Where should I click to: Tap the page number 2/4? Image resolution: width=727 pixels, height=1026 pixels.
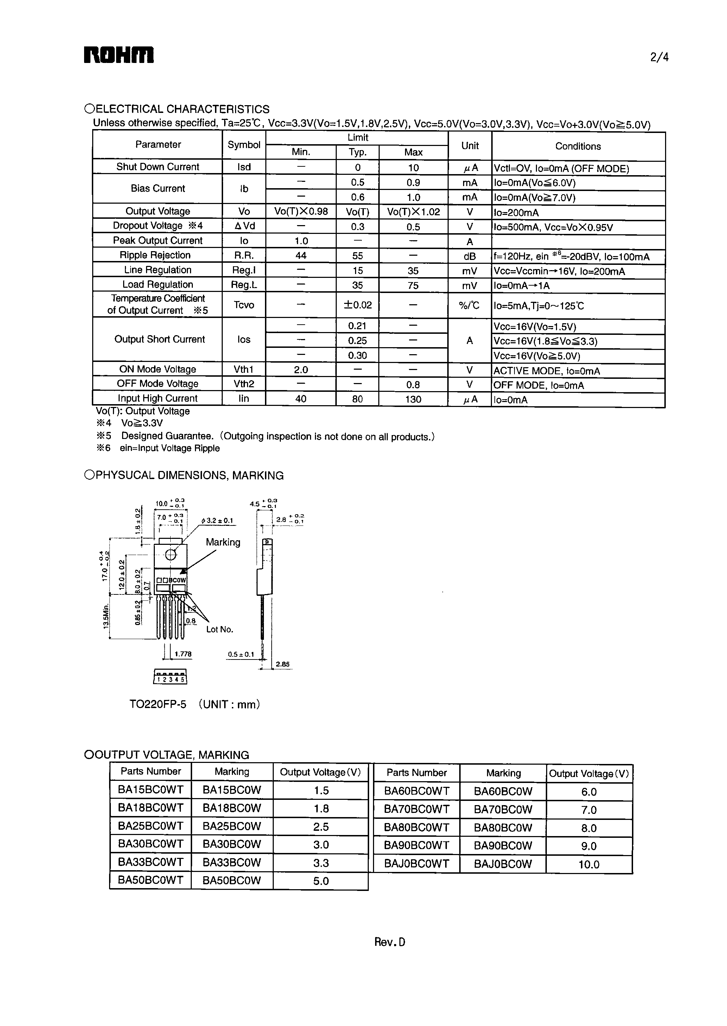point(659,57)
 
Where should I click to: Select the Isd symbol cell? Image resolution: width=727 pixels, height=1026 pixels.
point(244,167)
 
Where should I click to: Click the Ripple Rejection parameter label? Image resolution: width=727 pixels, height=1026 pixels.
point(155,255)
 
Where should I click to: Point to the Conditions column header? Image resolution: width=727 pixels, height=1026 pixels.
point(578,146)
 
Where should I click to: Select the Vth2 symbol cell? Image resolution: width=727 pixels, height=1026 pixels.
point(244,384)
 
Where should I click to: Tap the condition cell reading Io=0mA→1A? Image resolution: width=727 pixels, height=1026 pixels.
point(522,286)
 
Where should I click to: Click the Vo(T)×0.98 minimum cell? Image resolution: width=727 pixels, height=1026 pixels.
point(301,211)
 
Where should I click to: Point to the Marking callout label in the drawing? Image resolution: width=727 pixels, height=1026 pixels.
point(223,542)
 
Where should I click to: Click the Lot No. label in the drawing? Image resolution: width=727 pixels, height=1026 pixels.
point(220,630)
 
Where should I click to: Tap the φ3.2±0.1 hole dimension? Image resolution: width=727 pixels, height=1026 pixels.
point(217,521)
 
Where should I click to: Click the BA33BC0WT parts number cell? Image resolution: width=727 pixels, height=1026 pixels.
point(150,862)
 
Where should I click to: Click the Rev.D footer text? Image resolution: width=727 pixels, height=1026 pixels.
point(390,942)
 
